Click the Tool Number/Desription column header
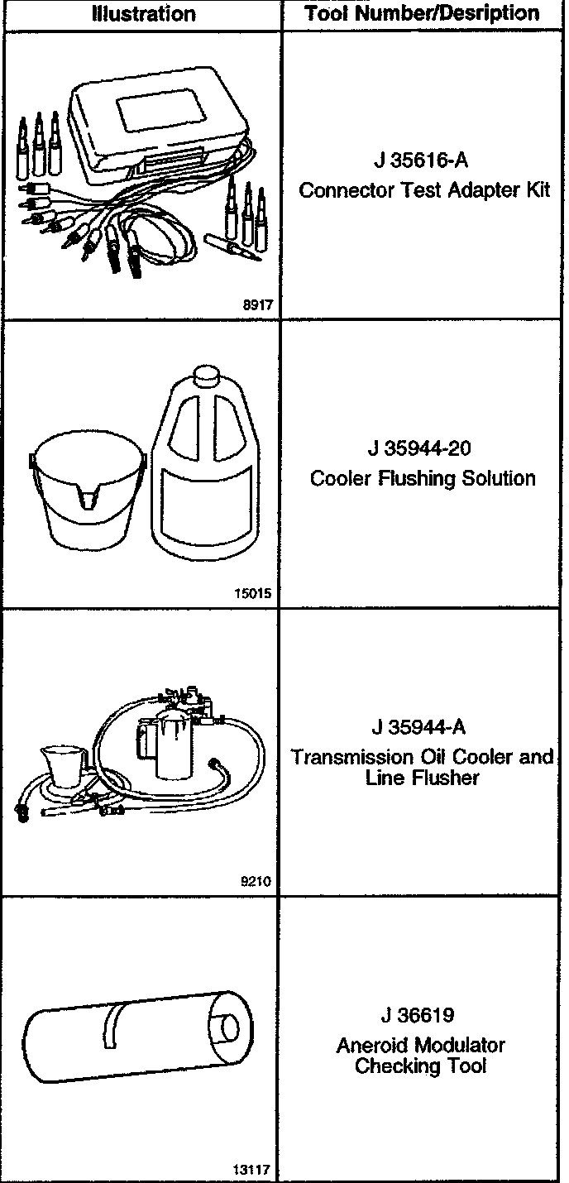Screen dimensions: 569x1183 pos(422,13)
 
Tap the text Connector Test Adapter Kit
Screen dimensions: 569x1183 pos(424,190)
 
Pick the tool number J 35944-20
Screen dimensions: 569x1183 pos(421,448)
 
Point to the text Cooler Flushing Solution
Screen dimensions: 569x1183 pos(423,478)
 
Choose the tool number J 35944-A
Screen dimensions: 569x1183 pos(419,727)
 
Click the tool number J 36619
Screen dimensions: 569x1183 pos(418,1015)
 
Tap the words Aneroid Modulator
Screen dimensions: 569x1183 pos(420,1045)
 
